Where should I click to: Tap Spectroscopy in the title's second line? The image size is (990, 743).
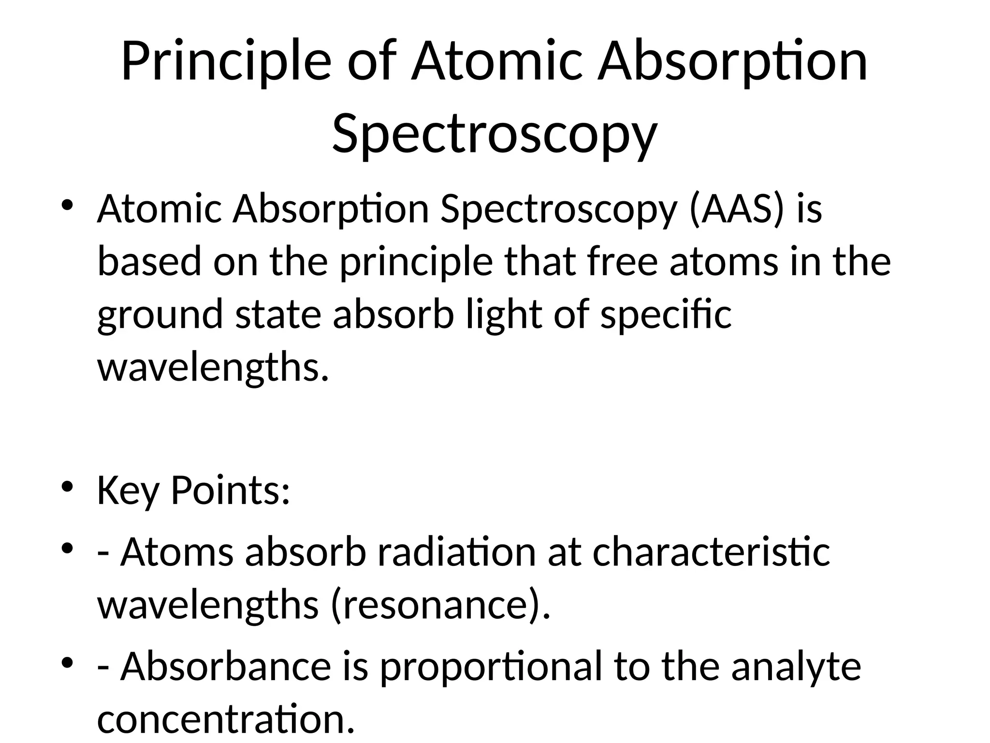coord(495,133)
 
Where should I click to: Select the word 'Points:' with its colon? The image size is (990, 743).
coord(230,490)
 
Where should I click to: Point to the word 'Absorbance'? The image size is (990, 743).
coord(226,667)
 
